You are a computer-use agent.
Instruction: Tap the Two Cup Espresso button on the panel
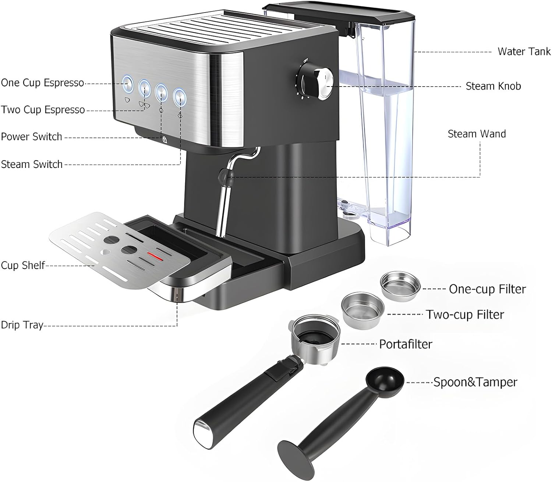click(x=145, y=88)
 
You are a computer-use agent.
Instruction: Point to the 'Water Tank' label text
click(x=524, y=52)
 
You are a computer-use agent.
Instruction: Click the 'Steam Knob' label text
click(x=493, y=86)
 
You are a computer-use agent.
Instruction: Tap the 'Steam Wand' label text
click(x=477, y=134)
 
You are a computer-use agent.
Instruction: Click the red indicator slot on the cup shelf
click(x=155, y=256)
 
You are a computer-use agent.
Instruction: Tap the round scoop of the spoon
click(x=385, y=382)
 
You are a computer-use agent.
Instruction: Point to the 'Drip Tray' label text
click(x=22, y=325)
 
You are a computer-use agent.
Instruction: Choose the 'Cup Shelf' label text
click(x=23, y=265)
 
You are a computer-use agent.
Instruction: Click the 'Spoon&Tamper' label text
click(x=475, y=382)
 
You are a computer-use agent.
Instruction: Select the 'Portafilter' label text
click(x=406, y=344)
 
